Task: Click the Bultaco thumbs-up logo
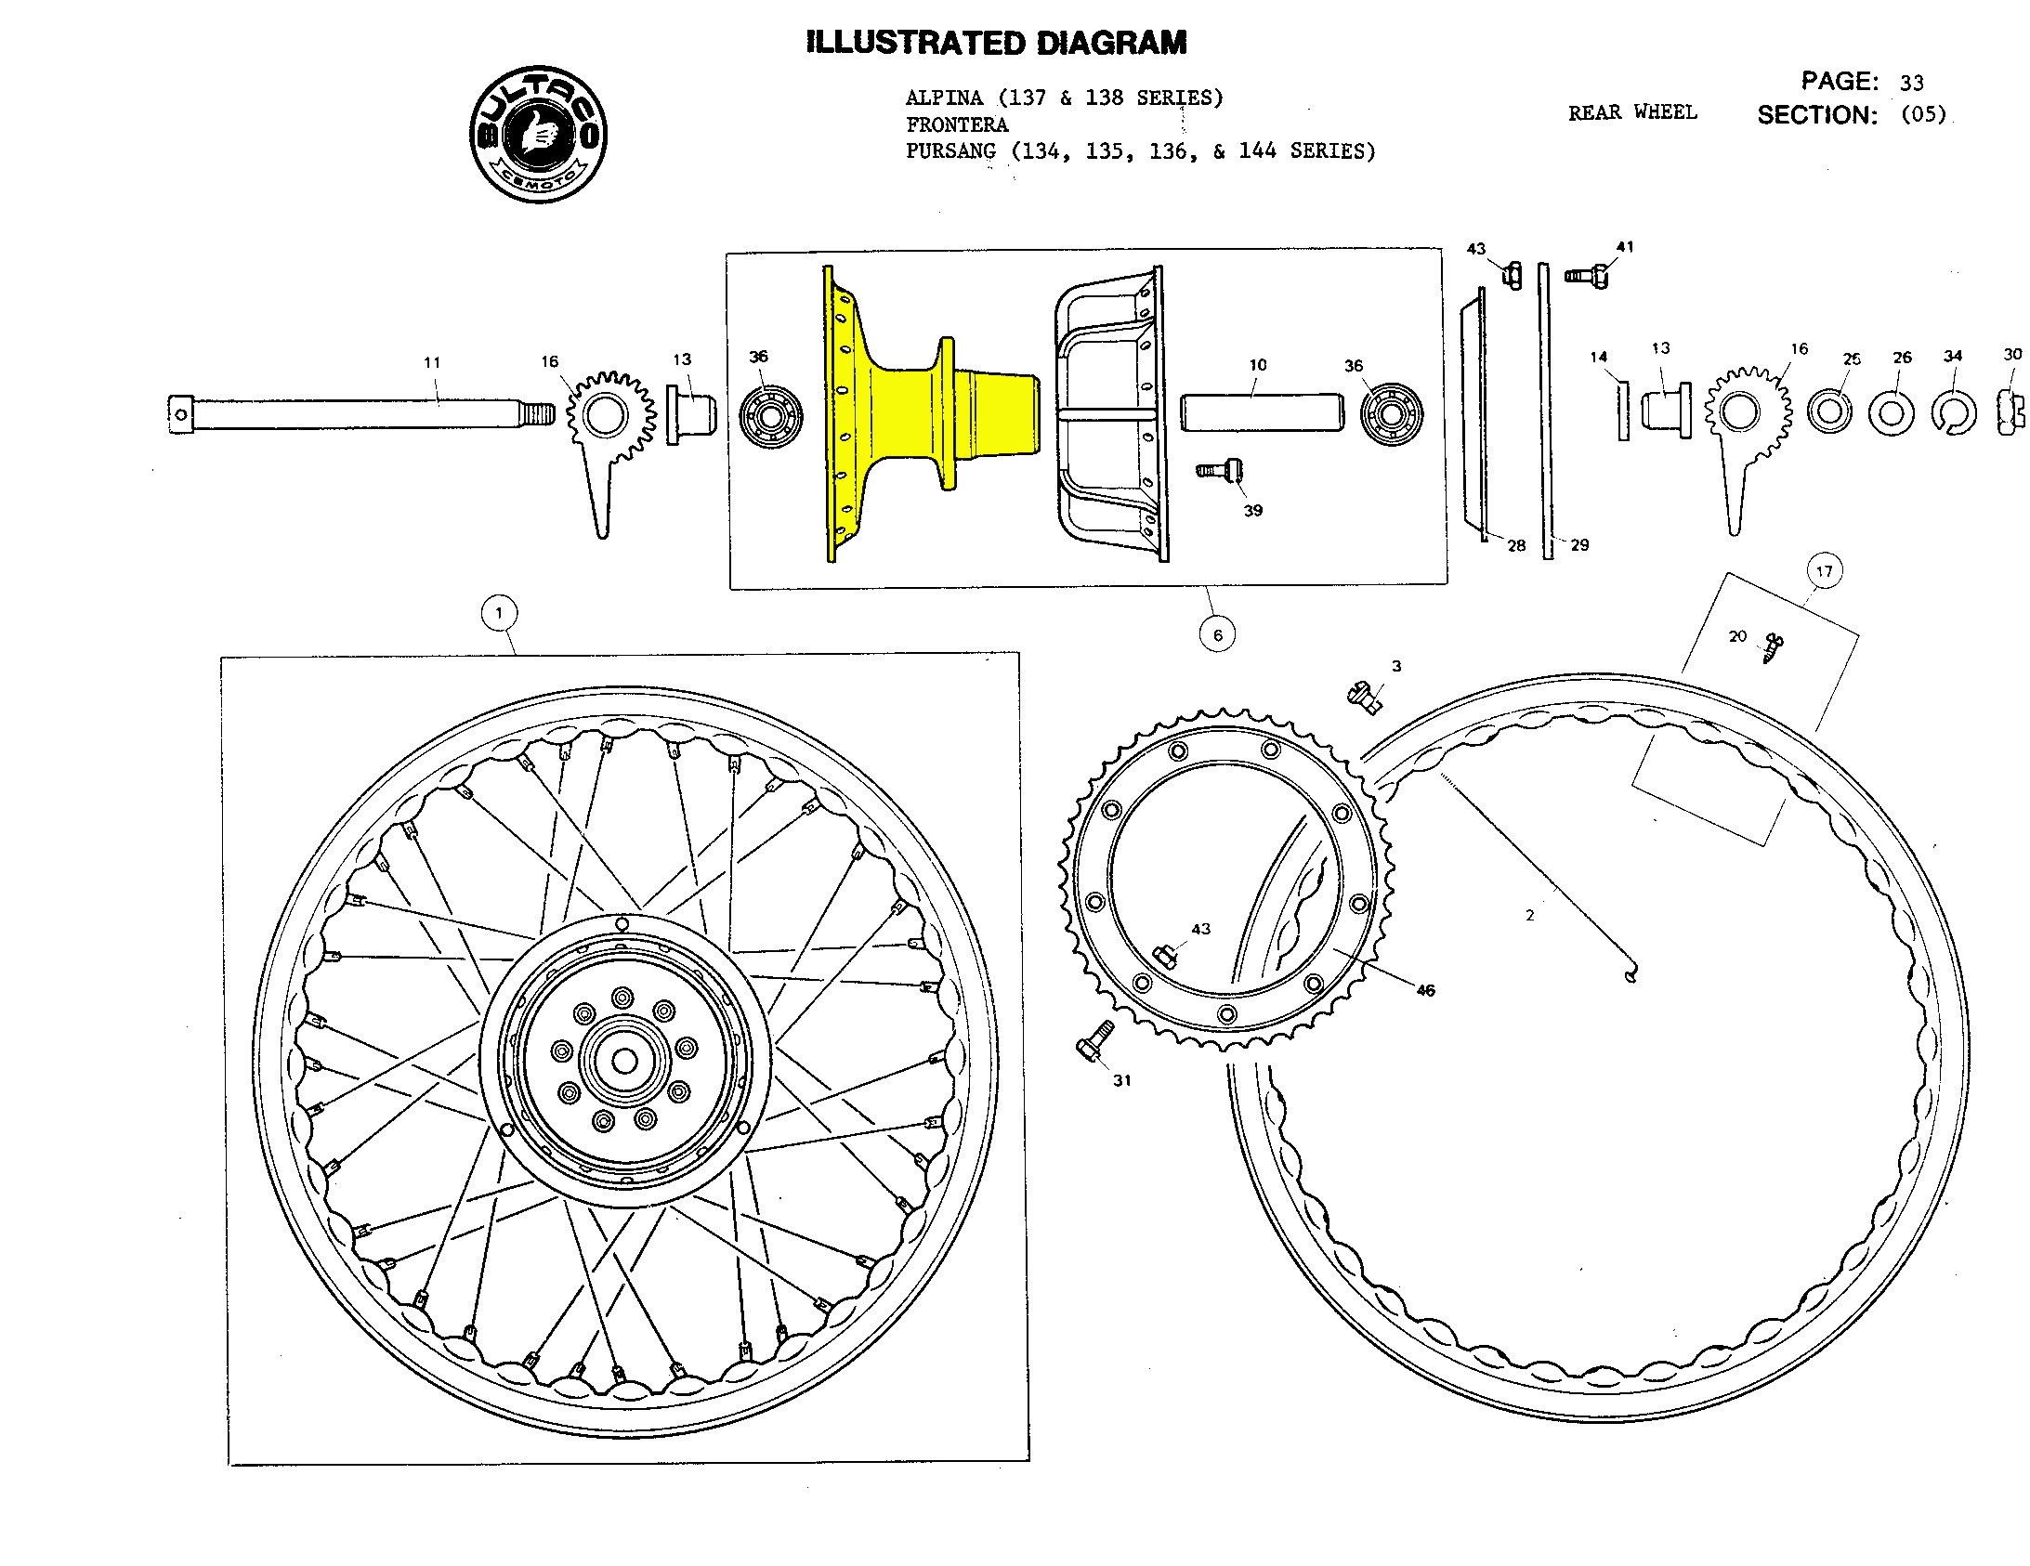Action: pos(538,134)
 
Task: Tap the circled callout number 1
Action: pos(499,613)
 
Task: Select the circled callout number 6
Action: pos(1218,635)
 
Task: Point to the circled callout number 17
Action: pos(1825,571)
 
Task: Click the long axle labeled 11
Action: pos(362,413)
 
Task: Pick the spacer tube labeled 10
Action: pos(1262,411)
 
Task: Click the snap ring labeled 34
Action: pos(1954,413)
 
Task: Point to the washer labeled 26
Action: pos(1892,413)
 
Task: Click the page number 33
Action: pos(1912,84)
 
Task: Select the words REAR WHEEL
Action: pos(1632,112)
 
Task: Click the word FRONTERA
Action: pos(956,124)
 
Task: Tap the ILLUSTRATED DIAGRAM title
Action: pos(996,43)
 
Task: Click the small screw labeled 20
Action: pos(1773,646)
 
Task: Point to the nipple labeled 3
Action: pos(1364,695)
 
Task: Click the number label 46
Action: pos(1425,991)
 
